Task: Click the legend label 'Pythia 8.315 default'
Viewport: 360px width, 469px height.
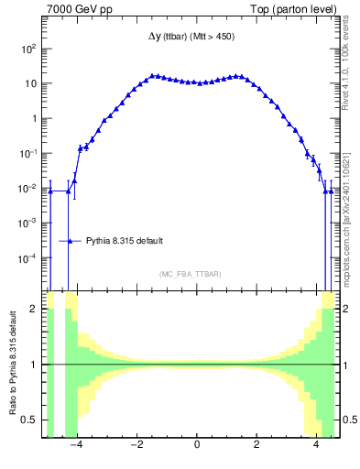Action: pos(125,241)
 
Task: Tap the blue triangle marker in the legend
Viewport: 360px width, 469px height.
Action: pos(71,241)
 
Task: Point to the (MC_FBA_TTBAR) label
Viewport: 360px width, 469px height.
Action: pos(190,274)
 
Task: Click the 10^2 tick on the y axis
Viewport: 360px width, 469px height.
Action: pos(29,49)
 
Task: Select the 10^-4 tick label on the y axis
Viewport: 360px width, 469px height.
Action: pos(29,258)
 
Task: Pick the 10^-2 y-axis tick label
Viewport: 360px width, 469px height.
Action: pos(29,189)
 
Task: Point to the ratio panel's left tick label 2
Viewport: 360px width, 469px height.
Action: pos(36,309)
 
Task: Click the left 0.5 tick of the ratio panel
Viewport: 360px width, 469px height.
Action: pos(32,420)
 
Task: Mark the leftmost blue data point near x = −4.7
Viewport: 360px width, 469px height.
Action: pos(49,191)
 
